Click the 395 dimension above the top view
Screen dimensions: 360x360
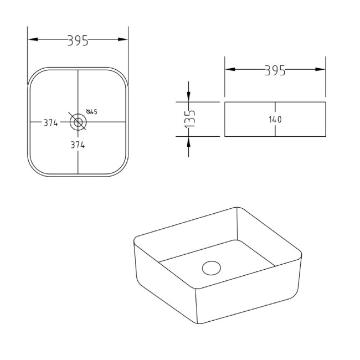pyautogui.click(x=78, y=40)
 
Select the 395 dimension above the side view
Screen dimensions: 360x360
pyautogui.click(x=275, y=70)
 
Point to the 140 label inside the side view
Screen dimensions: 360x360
pyautogui.click(x=275, y=120)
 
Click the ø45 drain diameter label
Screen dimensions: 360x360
pyautogui.click(x=92, y=112)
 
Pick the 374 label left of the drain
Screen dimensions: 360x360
pyautogui.click(x=51, y=123)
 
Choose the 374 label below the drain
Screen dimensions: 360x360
pyautogui.click(x=78, y=145)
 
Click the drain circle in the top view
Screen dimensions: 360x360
pyautogui.click(x=78, y=121)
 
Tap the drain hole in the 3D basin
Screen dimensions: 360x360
pyautogui.click(x=211, y=268)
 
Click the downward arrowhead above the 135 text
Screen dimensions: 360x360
pyautogui.click(x=189, y=98)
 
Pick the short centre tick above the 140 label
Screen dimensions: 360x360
pyautogui.click(x=275, y=108)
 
